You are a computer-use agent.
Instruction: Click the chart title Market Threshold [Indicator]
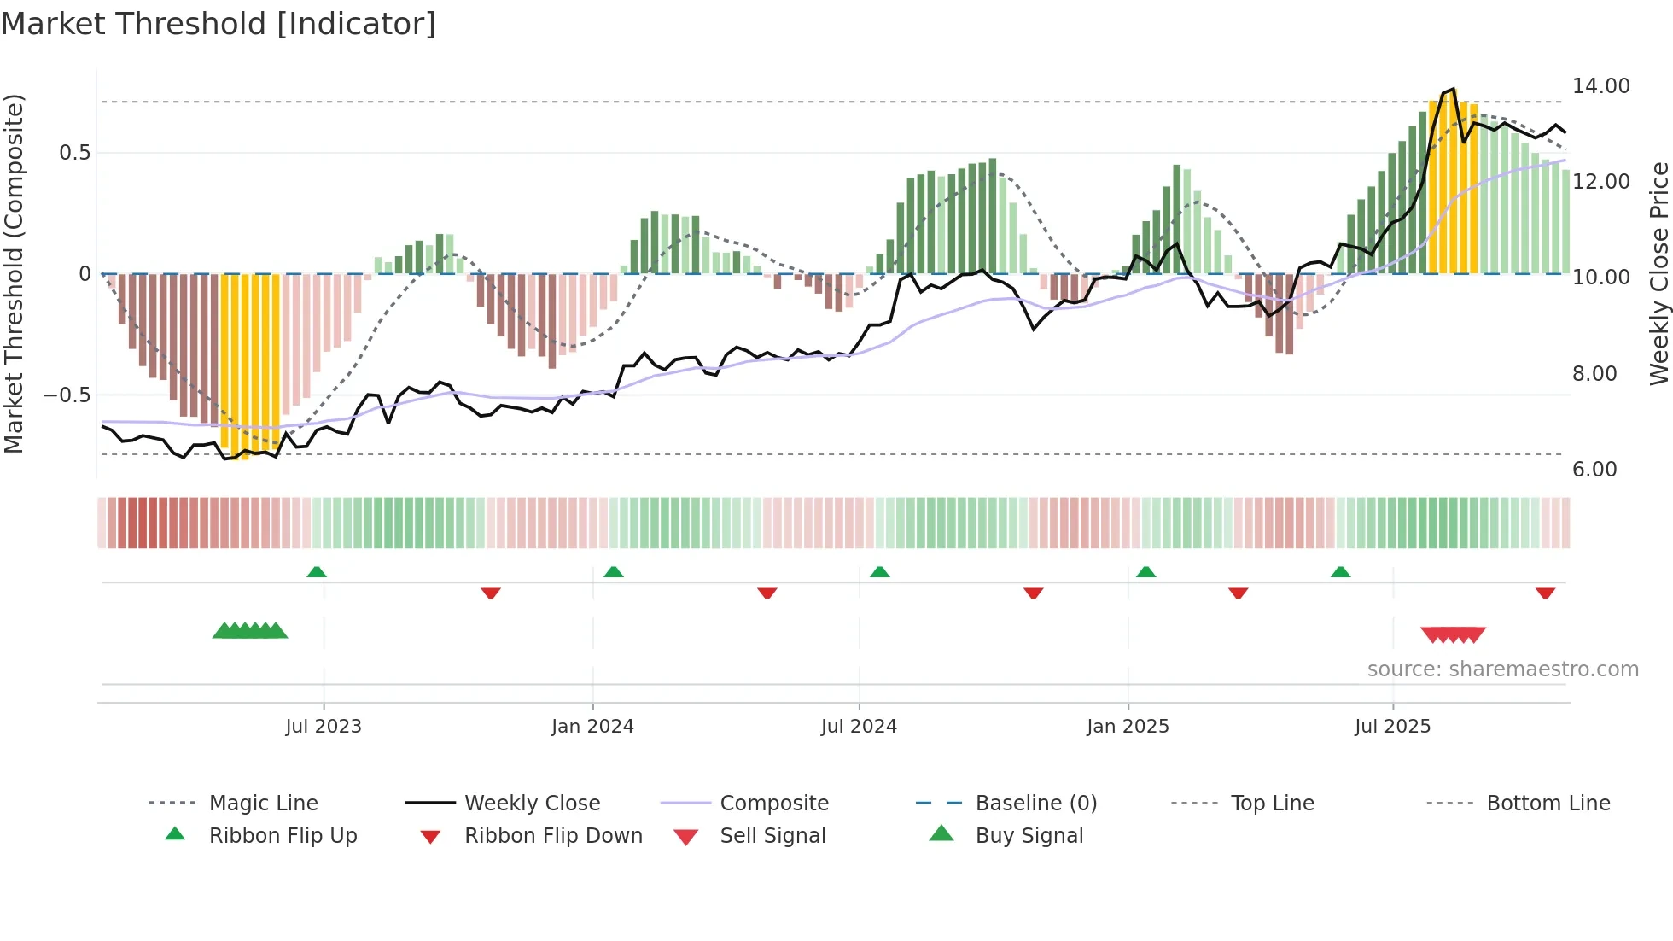219,24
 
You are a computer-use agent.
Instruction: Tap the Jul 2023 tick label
324,727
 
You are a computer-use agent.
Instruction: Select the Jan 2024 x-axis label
592,727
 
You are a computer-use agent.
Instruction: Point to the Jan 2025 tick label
1128,727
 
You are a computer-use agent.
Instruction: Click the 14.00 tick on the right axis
1600,86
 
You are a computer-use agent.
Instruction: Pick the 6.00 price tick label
1594,470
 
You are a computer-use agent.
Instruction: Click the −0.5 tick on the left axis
67,395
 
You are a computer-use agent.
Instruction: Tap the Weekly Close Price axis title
1658,273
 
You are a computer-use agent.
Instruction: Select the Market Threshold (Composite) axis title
14,273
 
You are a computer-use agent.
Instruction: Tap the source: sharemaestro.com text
1502,669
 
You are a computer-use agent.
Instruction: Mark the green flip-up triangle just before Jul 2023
317,572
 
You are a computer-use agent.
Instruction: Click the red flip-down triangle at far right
1545,593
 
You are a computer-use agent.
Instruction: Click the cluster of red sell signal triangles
1453,634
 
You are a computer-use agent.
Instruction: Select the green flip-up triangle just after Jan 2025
1146,572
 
